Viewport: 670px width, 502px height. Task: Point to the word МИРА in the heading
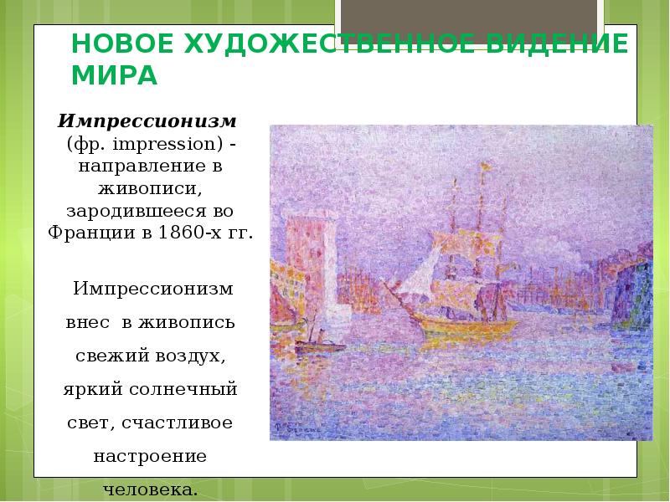pos(115,75)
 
